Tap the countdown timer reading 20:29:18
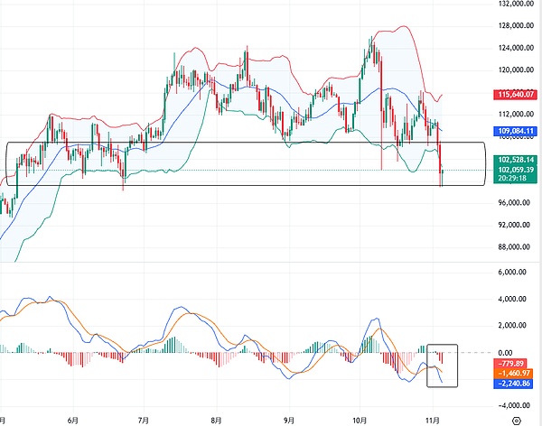point(514,179)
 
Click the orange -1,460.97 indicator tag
point(515,372)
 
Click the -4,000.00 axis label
point(512,405)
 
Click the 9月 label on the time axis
point(288,420)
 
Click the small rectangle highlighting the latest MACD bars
point(443,366)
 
